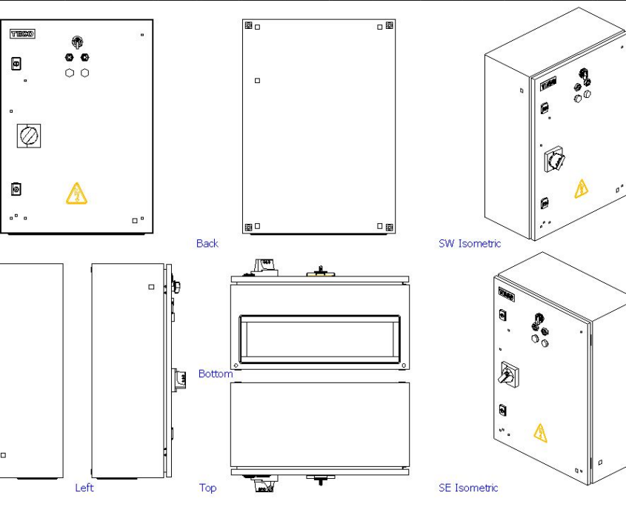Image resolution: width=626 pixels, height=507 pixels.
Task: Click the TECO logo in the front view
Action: click(x=20, y=34)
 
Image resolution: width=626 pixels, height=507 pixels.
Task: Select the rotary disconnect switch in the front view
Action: click(x=27, y=136)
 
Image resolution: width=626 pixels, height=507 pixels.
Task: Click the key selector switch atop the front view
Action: click(x=76, y=41)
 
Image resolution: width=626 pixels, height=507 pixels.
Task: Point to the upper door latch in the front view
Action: click(x=15, y=64)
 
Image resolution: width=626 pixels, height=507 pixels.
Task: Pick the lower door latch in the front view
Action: click(x=15, y=189)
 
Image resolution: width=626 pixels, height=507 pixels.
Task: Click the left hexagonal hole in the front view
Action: click(x=70, y=73)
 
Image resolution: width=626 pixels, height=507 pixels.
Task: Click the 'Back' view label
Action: click(x=207, y=243)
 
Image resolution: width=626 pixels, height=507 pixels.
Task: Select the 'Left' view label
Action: click(x=84, y=488)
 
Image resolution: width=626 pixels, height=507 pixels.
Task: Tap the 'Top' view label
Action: click(x=207, y=488)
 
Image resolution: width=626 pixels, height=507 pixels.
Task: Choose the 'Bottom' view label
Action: click(x=215, y=374)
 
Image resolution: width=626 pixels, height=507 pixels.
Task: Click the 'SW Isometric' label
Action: click(x=469, y=243)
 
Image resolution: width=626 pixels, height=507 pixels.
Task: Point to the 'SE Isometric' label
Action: click(x=468, y=488)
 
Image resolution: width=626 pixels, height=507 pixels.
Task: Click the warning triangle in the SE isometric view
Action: click(x=540, y=432)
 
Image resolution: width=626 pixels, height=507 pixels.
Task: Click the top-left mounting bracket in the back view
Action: click(x=248, y=26)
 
